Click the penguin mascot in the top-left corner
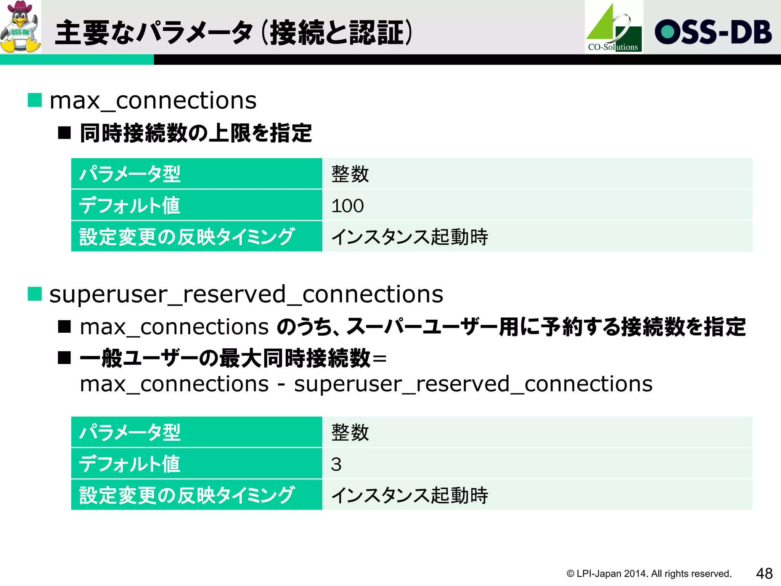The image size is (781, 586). pyautogui.click(x=21, y=29)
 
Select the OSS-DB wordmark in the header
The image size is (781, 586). pyautogui.click(x=713, y=32)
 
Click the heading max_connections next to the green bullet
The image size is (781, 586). pyautogui.click(x=153, y=101)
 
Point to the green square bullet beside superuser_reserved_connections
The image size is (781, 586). pyautogui.click(x=35, y=294)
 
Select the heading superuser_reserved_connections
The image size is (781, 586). pyautogui.click(x=246, y=295)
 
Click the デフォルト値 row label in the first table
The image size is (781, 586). pyautogui.click(x=130, y=205)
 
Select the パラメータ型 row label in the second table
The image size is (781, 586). pyautogui.click(x=130, y=432)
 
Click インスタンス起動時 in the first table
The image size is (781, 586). pyautogui.click(x=410, y=237)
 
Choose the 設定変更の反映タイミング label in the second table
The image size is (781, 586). pyautogui.click(x=187, y=495)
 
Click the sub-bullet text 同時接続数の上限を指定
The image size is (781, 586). pyautogui.click(x=196, y=133)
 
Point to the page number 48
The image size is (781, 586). pyautogui.click(x=764, y=573)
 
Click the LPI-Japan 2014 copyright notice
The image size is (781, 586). pyautogui.click(x=649, y=574)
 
